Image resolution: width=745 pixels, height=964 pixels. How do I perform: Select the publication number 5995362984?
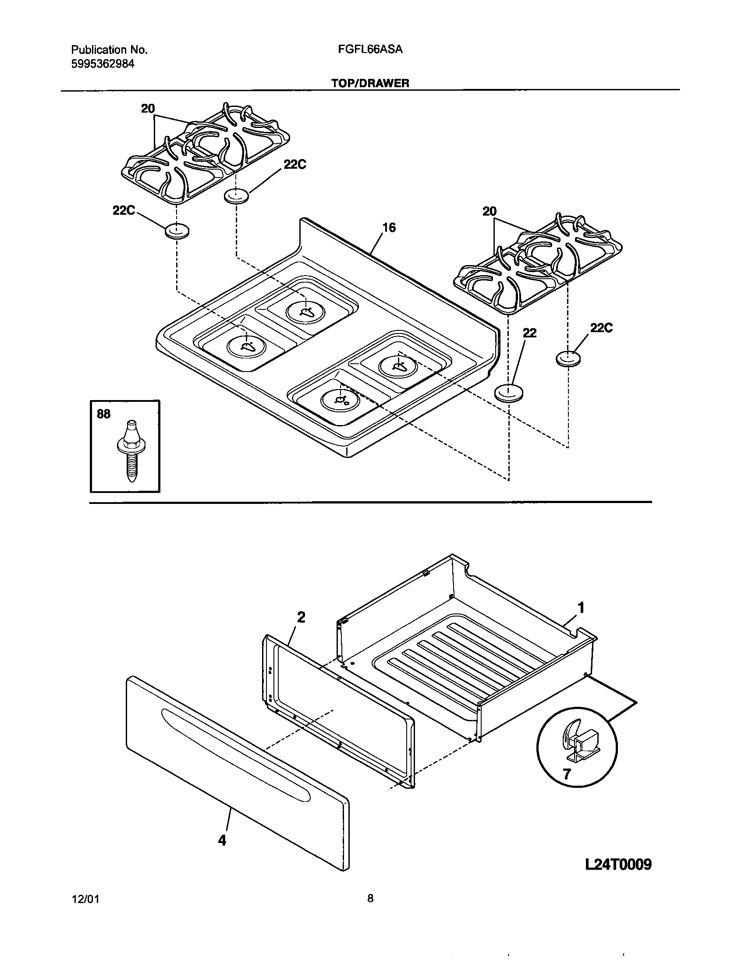tap(103, 64)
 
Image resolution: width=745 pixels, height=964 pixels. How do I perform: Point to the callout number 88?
tap(103, 414)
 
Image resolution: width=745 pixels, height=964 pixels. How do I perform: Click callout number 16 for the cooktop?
tap(389, 228)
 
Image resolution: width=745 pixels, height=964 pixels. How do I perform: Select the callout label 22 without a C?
tap(530, 333)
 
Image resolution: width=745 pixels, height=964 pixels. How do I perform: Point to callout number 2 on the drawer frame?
tap(301, 617)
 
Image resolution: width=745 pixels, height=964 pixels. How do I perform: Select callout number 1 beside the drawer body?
tap(581, 608)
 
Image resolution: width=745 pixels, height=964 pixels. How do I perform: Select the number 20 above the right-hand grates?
tap(490, 212)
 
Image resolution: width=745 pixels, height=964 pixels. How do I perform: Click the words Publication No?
tap(109, 50)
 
